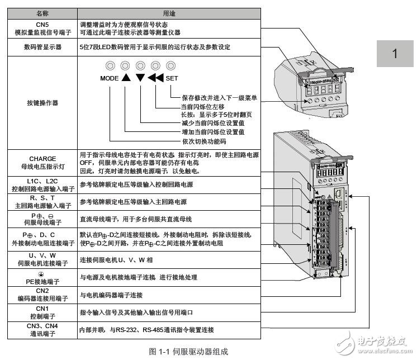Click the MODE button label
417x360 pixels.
click(x=110, y=79)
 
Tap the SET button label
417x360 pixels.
click(x=172, y=79)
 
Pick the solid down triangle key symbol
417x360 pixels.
click(x=140, y=78)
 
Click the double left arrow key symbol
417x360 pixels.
click(x=156, y=78)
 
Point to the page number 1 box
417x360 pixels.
click(x=395, y=54)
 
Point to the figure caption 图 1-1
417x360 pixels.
click(x=189, y=352)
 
